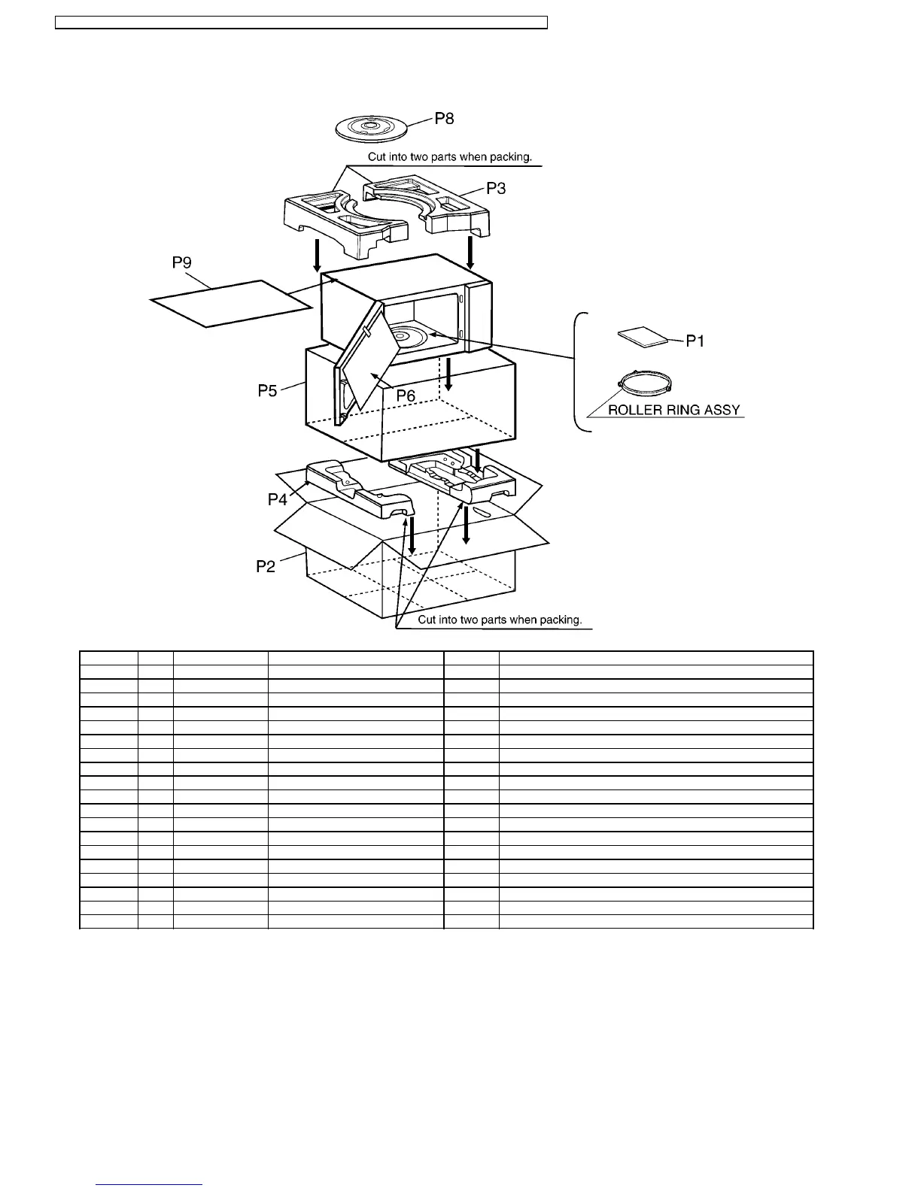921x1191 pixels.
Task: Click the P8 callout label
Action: (x=445, y=119)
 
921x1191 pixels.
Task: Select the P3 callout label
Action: (x=496, y=188)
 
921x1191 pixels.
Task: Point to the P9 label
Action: (x=182, y=262)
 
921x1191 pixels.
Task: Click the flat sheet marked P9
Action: (x=232, y=303)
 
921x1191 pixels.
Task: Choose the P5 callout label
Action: (x=269, y=391)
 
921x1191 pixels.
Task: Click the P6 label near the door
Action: (x=406, y=395)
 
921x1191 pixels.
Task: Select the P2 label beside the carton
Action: (x=266, y=566)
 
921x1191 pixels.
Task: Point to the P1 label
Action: (x=695, y=341)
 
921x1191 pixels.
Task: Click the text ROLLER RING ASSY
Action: (x=673, y=411)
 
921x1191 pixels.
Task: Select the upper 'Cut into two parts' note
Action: (x=450, y=157)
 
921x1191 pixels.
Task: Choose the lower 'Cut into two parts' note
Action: (x=500, y=620)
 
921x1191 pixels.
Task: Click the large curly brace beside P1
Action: (x=579, y=371)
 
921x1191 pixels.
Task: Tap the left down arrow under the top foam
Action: (x=318, y=255)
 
